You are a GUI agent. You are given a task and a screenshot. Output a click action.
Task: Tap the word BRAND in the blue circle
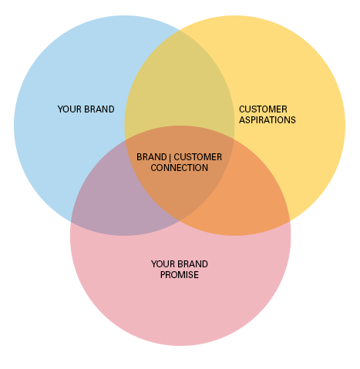99,109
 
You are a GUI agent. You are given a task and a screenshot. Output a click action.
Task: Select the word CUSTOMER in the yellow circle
263,109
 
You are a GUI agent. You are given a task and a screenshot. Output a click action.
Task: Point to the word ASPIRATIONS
267,120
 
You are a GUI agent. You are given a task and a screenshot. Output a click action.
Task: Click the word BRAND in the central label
152,157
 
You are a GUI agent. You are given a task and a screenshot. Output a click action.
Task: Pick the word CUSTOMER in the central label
198,157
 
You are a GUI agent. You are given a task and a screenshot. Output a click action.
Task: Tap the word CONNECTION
180,168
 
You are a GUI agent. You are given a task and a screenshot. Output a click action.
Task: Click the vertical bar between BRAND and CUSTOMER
170,157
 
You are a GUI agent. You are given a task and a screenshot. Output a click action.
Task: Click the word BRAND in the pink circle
193,264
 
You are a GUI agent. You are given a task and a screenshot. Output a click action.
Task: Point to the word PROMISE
180,275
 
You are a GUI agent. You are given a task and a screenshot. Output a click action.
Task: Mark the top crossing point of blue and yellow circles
180,30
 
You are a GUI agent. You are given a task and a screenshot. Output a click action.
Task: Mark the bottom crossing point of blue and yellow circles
180,221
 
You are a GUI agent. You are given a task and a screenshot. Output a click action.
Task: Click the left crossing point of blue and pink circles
71,221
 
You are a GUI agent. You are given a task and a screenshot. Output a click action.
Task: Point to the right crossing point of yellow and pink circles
290,221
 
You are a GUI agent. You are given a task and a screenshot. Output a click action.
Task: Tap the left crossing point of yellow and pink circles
125,140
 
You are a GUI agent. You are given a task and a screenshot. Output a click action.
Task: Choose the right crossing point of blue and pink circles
234,140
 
